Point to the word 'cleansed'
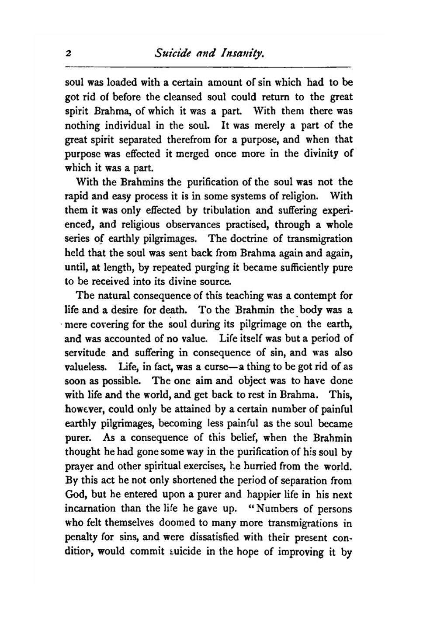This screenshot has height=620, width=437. [x=183, y=97]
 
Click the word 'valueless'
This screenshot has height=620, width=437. [x=84, y=367]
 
